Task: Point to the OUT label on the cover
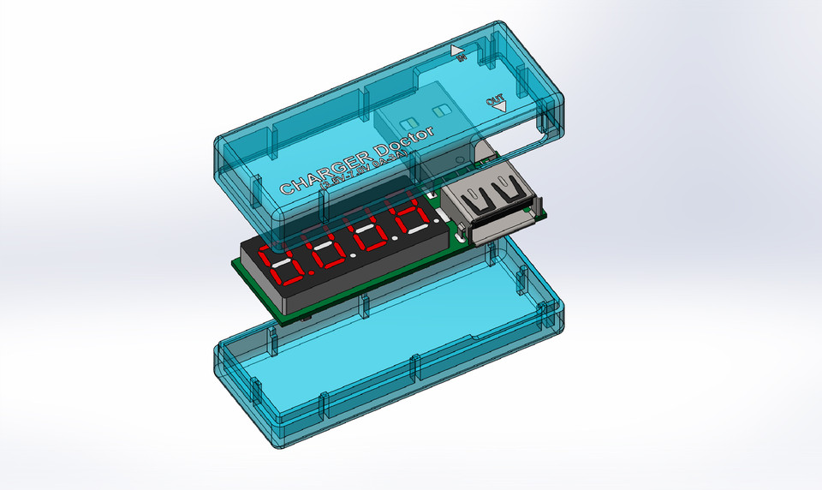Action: (x=495, y=100)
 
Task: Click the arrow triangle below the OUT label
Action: (x=499, y=108)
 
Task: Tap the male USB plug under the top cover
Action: (x=424, y=120)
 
